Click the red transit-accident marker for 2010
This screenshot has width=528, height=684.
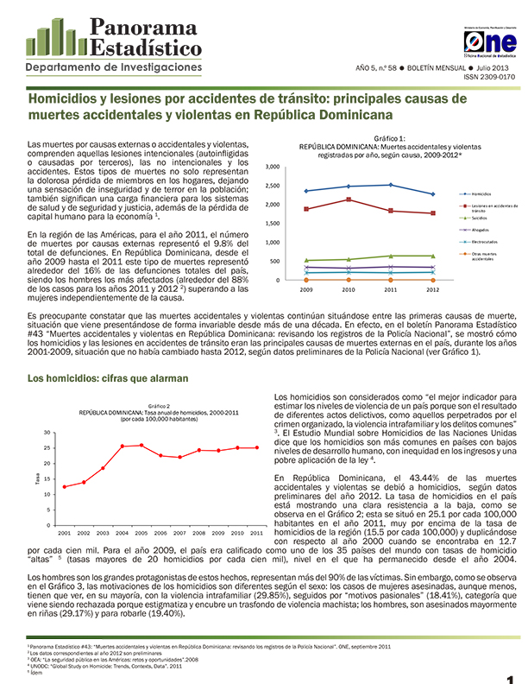348,199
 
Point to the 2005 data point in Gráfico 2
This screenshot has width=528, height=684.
142,445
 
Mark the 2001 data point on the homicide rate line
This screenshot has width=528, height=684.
65,487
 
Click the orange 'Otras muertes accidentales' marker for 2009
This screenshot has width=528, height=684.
306,274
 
